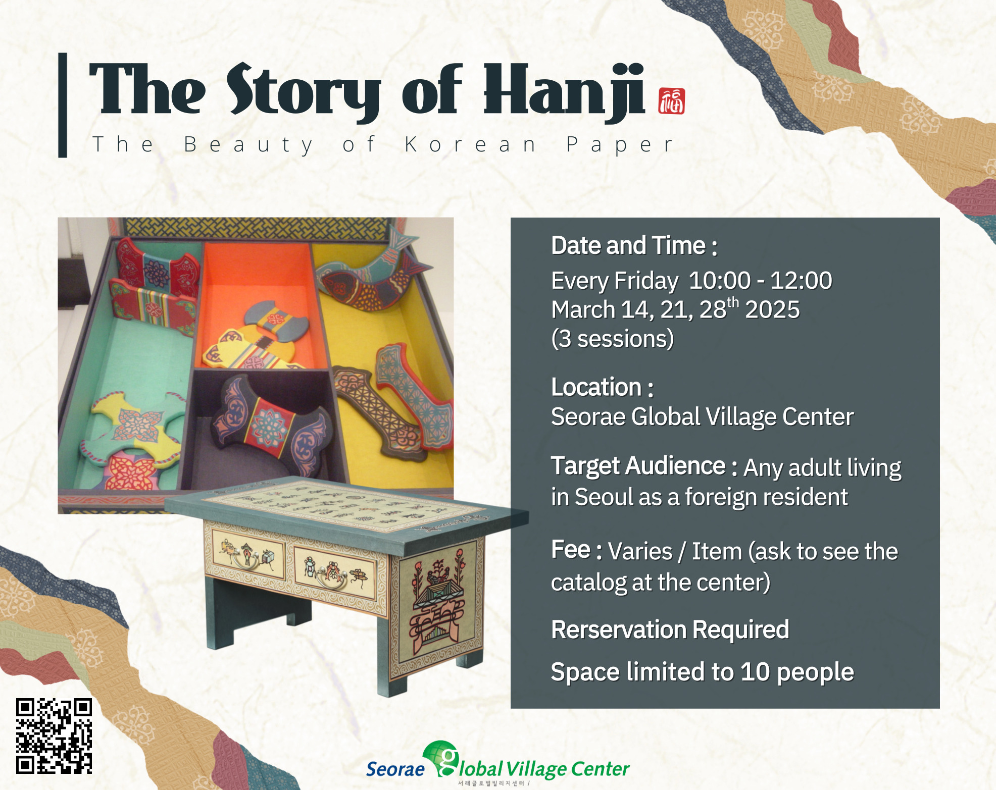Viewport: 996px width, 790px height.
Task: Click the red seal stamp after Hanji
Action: click(672, 101)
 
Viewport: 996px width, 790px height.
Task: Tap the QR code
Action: click(54, 736)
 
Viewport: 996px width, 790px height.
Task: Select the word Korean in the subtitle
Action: click(470, 145)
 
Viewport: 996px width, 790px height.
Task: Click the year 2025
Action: click(772, 309)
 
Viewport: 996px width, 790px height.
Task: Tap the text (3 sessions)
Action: click(613, 339)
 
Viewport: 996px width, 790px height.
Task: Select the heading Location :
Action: click(603, 387)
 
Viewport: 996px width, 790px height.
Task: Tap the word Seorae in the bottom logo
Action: click(395, 769)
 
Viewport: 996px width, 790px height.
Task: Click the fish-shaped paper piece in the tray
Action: click(373, 273)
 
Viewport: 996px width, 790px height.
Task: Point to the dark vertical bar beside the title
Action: click(63, 105)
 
